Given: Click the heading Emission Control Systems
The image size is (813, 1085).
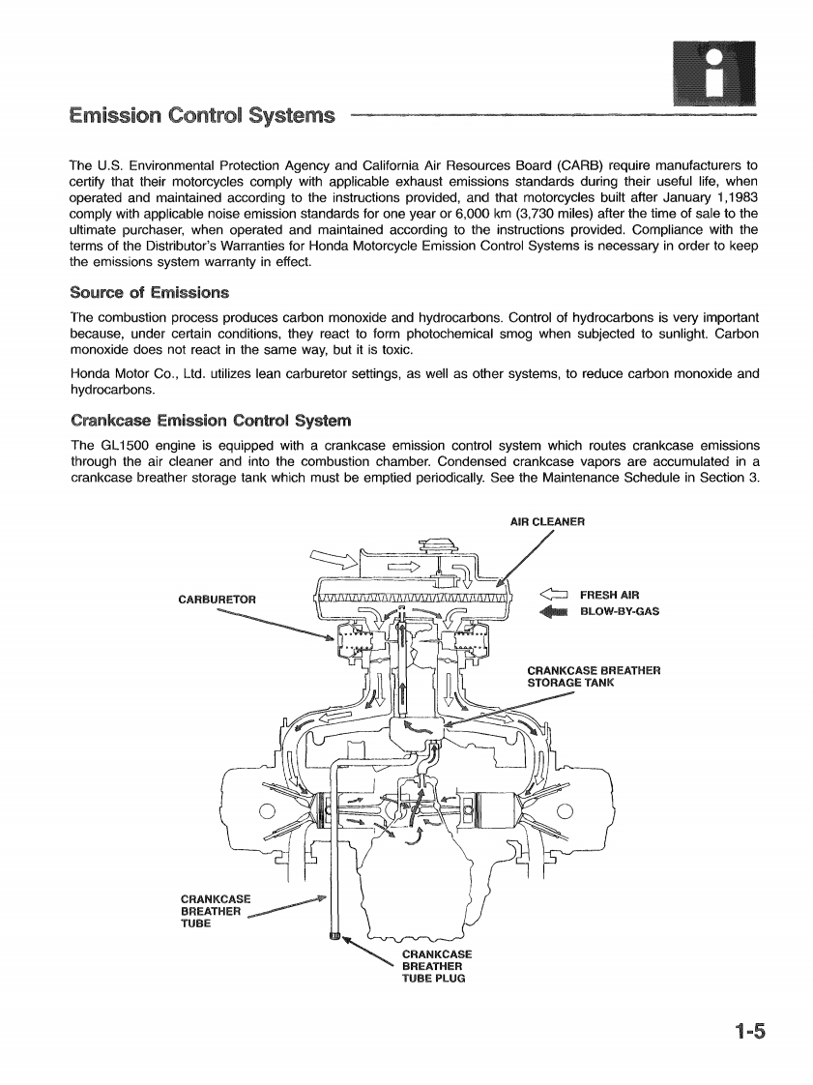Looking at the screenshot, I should [202, 117].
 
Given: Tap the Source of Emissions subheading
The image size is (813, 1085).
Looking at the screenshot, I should [150, 292].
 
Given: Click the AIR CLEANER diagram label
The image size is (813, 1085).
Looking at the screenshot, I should [547, 523].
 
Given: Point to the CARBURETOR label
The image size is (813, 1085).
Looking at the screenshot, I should [218, 599].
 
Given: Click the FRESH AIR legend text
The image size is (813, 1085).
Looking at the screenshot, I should [609, 595].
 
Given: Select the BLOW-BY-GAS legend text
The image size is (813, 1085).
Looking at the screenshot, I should [619, 610].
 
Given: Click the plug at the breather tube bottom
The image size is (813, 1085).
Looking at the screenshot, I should [335, 934].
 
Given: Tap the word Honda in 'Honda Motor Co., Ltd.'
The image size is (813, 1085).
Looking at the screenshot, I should [91, 373].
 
